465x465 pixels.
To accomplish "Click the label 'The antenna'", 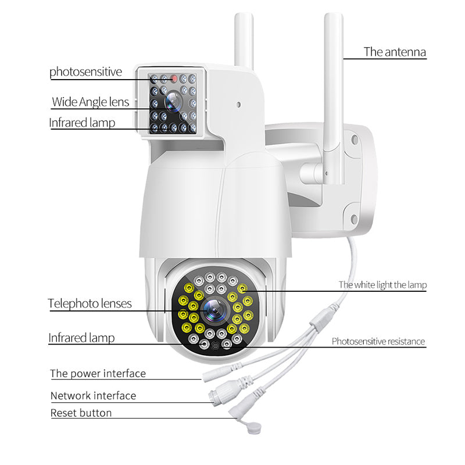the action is point(395,52).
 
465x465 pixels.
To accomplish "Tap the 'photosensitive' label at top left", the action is point(85,71).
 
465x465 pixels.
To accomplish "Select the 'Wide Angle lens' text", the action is point(91,102).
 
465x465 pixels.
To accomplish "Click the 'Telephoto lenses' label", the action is point(90,303).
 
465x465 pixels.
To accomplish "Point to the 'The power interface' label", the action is point(98,374).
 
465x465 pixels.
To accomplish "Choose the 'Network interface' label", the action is point(93,396).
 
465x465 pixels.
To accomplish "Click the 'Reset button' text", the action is point(81,413).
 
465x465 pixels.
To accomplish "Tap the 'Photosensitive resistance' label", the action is point(378,341).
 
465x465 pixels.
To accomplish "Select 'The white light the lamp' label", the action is point(382,285).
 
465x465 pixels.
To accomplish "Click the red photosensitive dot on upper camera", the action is point(174,79).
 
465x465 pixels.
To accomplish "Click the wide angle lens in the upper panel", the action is point(173,102).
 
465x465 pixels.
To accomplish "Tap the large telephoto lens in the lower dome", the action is point(215,311).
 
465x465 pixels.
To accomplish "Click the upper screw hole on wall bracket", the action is point(355,140).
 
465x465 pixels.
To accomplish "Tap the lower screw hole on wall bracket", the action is point(354,220).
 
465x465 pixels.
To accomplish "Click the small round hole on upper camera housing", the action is point(238,105).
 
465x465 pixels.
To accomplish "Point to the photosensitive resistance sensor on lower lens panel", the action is point(215,346).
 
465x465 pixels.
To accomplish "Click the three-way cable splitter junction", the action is point(322,320).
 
